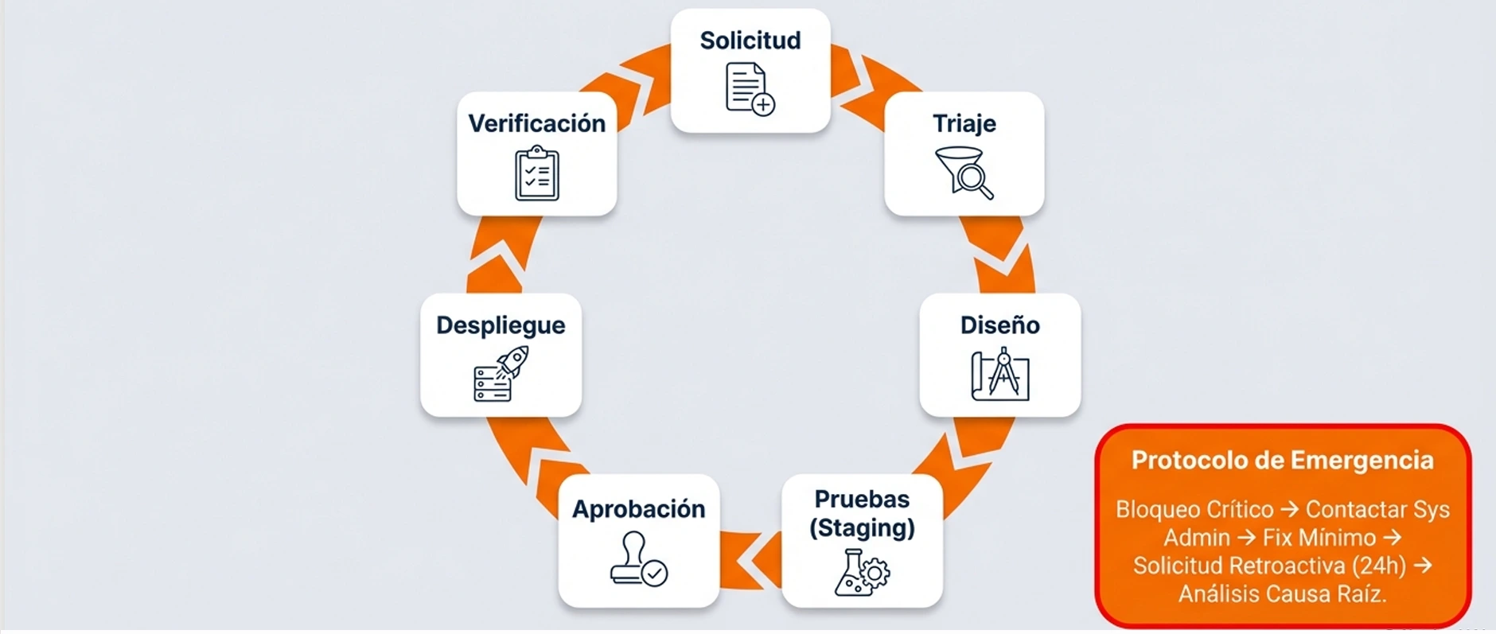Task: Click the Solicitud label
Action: pyautogui.click(x=750, y=41)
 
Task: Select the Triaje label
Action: pyautogui.click(x=964, y=124)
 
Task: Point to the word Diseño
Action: pyautogui.click(x=999, y=325)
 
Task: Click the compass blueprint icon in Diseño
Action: pyautogui.click(x=1000, y=374)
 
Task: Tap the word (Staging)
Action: pyautogui.click(x=862, y=528)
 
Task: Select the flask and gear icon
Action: pyautogui.click(x=862, y=572)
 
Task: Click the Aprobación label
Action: pyautogui.click(x=638, y=509)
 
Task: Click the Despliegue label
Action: pyautogui.click(x=501, y=325)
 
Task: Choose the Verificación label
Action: pyautogui.click(x=536, y=124)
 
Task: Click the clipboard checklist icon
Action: pyautogui.click(x=537, y=173)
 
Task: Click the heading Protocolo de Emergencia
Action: pyautogui.click(x=1282, y=461)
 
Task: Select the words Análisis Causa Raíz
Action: pyautogui.click(x=1282, y=594)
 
